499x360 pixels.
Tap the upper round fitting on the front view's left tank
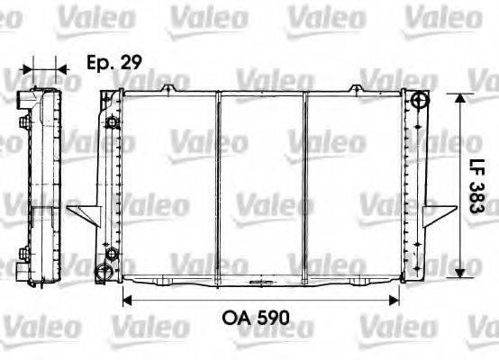[x=111, y=122]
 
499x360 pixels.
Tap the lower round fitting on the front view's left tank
[x=111, y=255]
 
